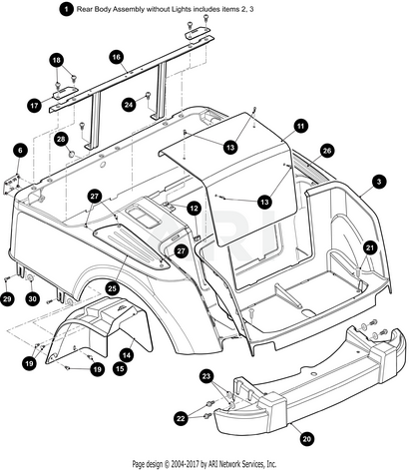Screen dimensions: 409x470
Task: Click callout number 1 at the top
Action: tap(67, 9)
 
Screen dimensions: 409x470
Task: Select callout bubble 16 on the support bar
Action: tap(116, 57)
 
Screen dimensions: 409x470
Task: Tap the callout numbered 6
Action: tap(21, 151)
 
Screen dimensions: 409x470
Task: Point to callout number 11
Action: tap(300, 127)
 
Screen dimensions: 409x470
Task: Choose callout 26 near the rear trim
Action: tap(327, 151)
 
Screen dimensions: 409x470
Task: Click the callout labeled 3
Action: tap(379, 182)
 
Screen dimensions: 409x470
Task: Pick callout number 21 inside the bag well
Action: tap(370, 247)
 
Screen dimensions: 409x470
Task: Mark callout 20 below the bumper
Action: tap(306, 439)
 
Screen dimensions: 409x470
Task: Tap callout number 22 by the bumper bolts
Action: tap(181, 418)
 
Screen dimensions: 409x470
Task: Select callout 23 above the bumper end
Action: tap(206, 376)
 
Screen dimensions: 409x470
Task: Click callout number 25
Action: tap(113, 288)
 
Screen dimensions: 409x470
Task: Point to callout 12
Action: tap(194, 209)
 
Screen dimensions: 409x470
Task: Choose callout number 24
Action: tap(129, 105)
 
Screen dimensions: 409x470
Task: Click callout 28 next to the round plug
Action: tap(61, 139)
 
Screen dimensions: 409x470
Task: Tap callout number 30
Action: tap(32, 299)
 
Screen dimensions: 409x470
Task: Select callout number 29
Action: tap(7, 299)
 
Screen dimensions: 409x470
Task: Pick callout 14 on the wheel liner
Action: tap(127, 355)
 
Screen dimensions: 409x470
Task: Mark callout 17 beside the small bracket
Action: tap(34, 106)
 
